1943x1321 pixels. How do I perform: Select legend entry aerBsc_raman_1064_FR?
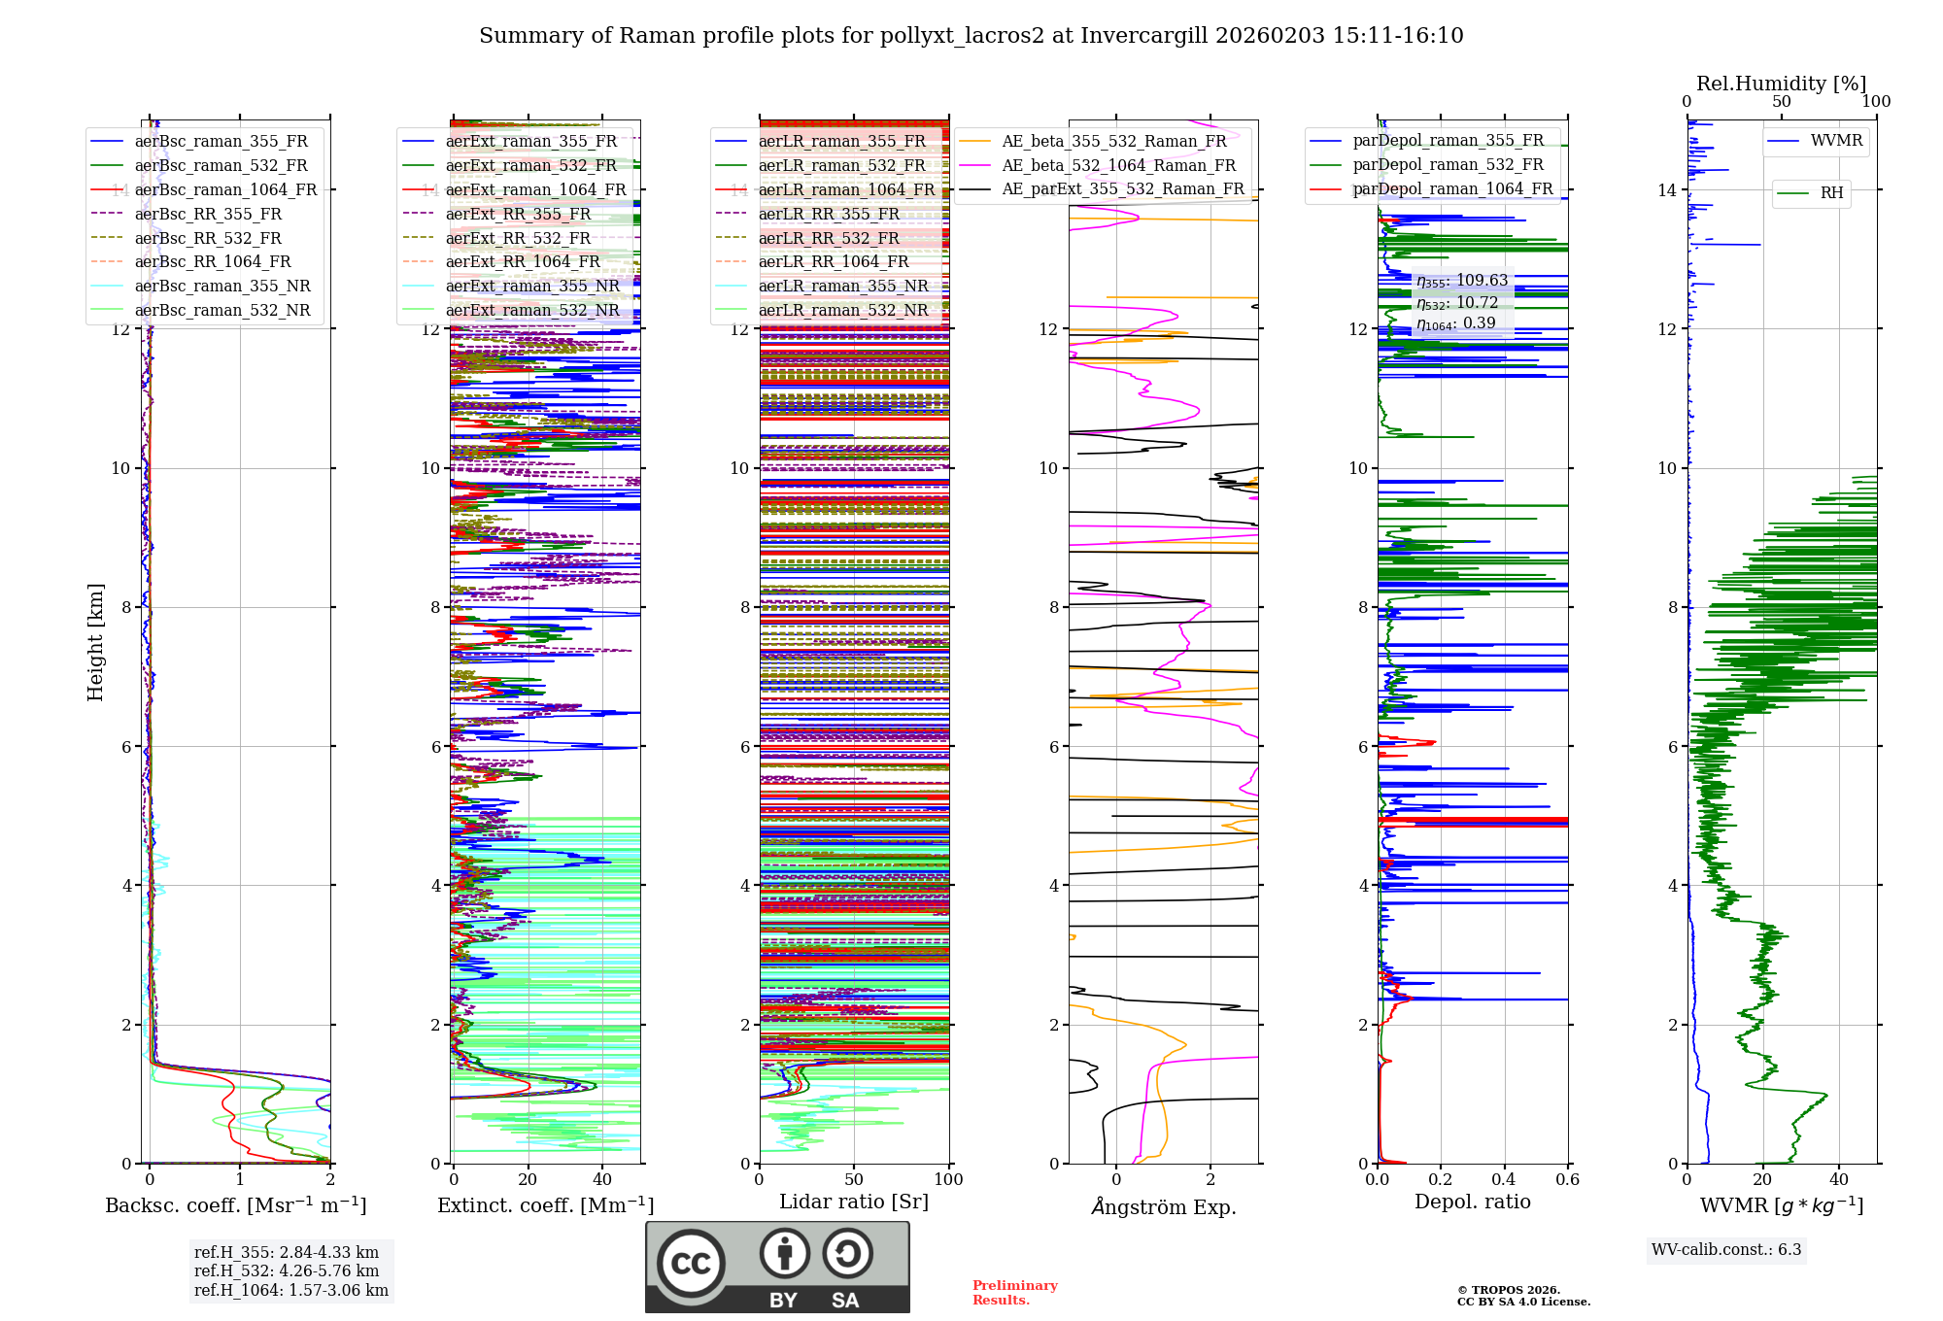click(x=225, y=189)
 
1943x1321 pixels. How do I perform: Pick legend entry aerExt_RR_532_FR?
click(x=518, y=238)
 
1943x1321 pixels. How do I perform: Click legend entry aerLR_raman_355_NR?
click(x=842, y=286)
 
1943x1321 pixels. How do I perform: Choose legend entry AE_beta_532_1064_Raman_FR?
click(x=1118, y=165)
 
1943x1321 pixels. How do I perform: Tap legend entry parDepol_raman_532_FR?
click(x=1448, y=164)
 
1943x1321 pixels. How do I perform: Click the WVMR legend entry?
click(x=1836, y=141)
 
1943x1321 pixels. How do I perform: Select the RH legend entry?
click(x=1831, y=193)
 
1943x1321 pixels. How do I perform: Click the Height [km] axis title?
click(x=95, y=641)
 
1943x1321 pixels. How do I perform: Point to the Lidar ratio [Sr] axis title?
click(x=854, y=1202)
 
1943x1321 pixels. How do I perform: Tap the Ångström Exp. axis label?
click(x=1163, y=1206)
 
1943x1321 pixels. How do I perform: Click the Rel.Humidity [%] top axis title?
click(x=1781, y=84)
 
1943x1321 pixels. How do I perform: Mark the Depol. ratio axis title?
click(x=1472, y=1202)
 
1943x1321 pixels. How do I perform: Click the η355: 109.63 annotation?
click(x=1462, y=281)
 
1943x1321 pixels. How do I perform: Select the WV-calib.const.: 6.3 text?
click(x=1726, y=1249)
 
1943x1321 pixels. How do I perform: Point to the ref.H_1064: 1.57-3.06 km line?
click(x=291, y=1290)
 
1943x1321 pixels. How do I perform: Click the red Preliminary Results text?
click(x=1014, y=1292)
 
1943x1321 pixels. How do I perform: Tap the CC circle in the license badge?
click(x=691, y=1264)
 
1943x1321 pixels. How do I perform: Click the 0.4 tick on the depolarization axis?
click(x=1504, y=1179)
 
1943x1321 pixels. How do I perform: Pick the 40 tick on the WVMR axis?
click(x=1838, y=1179)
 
